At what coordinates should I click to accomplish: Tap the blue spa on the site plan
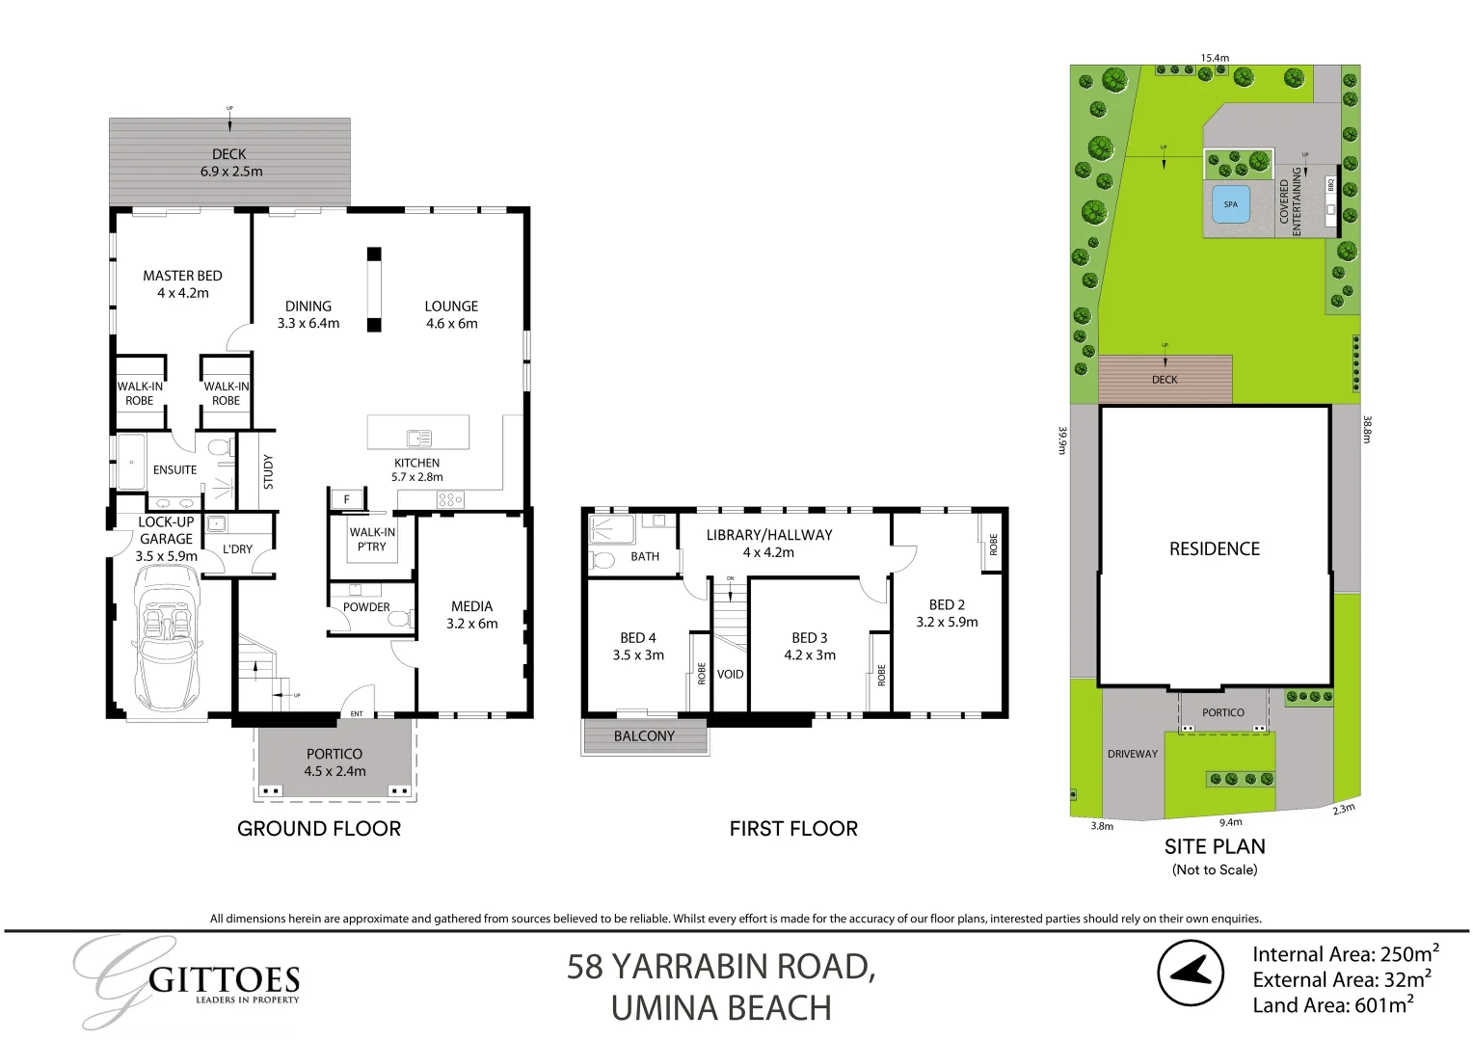(x=1230, y=204)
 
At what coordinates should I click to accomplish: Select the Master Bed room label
(x=182, y=276)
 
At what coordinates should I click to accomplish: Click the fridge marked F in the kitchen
(x=347, y=499)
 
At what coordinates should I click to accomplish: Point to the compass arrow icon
(x=1190, y=972)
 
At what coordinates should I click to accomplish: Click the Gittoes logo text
(x=224, y=981)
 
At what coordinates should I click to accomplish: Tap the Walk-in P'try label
(x=372, y=539)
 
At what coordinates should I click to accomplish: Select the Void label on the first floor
(x=730, y=674)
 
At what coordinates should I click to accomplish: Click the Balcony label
(x=644, y=736)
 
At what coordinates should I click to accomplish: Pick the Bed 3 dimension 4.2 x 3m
(x=810, y=655)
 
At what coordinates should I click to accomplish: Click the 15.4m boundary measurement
(x=1215, y=58)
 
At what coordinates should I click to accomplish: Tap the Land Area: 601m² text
(x=1333, y=1005)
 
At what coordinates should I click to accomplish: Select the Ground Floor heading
(x=319, y=828)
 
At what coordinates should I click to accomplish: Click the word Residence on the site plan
(x=1215, y=548)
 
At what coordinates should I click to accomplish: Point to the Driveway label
(x=1132, y=754)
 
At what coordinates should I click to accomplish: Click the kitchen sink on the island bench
(x=418, y=438)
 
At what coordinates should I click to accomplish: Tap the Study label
(x=268, y=471)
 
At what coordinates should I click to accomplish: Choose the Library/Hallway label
(x=768, y=535)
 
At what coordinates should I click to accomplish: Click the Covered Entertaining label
(x=1290, y=201)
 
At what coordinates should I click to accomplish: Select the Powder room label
(x=366, y=607)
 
